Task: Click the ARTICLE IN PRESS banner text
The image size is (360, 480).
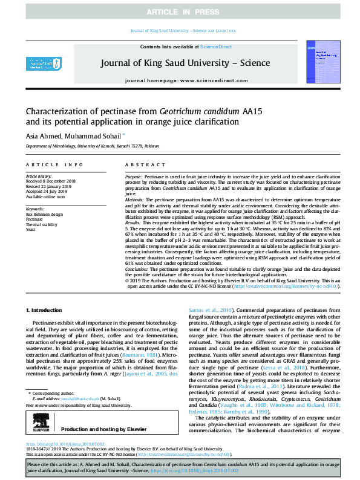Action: [x=180, y=11]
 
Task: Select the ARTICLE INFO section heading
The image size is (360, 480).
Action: [x=54, y=164]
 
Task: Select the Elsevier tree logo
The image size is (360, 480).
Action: [x=38, y=412]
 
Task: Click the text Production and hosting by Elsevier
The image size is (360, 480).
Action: [x=100, y=412]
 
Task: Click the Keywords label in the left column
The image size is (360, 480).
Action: [x=34, y=209]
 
